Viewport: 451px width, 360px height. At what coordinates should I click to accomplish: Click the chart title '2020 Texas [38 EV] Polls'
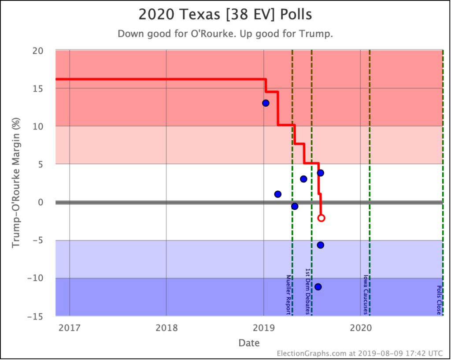click(225, 14)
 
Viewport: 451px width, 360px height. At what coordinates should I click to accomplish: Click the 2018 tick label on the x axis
click(166, 327)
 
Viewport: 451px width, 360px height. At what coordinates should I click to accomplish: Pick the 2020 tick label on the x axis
click(361, 327)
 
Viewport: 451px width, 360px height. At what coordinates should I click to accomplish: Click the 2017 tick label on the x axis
click(69, 327)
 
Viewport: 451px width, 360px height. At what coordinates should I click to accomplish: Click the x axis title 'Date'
click(249, 342)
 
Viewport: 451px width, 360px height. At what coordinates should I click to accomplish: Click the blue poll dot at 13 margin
click(266, 103)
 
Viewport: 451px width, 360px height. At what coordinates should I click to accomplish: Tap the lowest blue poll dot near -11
click(318, 287)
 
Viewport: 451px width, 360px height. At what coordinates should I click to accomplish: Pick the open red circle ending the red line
click(321, 218)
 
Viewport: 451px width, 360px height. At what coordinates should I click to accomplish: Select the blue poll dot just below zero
click(295, 206)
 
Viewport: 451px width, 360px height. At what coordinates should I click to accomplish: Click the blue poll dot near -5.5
click(321, 245)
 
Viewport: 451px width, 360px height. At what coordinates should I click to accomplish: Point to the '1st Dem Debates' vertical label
click(308, 291)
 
